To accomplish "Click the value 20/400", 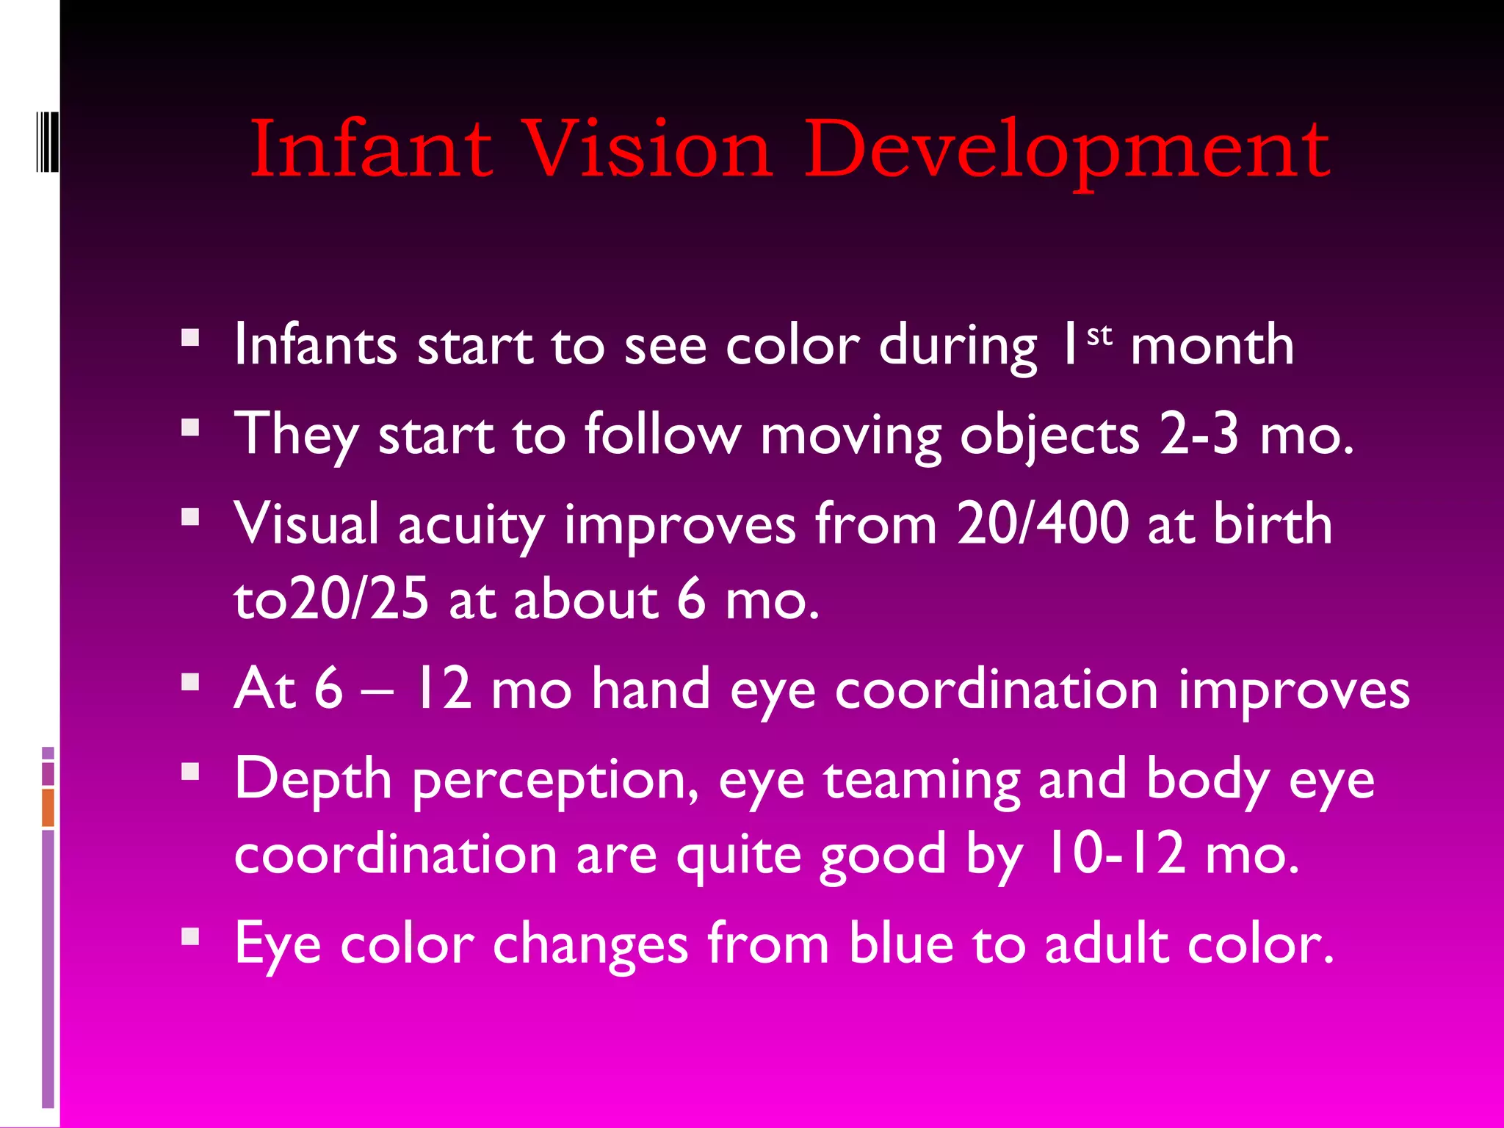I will [x=1043, y=524].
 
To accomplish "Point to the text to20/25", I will [x=331, y=599].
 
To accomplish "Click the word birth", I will [x=1273, y=524].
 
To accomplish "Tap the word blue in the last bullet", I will [x=901, y=944].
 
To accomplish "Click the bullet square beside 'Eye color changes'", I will [x=190, y=936].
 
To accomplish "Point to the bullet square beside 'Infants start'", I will [x=190, y=337].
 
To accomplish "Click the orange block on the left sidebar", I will [x=48, y=808].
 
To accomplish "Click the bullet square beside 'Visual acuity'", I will [x=190, y=517].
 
